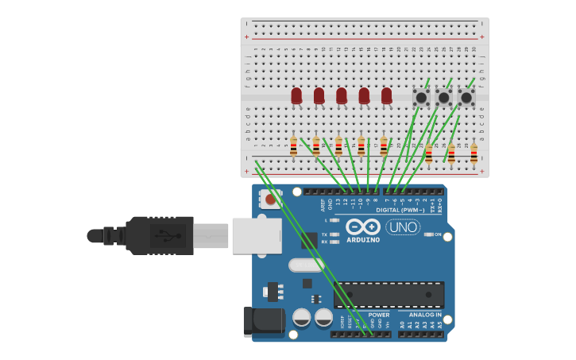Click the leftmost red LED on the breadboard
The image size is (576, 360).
pos(296,96)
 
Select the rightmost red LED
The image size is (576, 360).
pos(386,96)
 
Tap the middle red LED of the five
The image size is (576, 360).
pos(342,96)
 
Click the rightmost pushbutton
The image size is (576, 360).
pos(466,97)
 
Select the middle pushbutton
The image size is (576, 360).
pos(444,97)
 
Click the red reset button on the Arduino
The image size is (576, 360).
pos(271,200)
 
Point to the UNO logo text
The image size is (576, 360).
pos(403,227)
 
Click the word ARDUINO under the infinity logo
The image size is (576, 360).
pos(363,240)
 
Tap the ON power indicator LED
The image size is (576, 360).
pos(429,234)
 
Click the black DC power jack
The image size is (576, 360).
pos(264,320)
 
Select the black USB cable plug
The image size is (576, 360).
pos(159,235)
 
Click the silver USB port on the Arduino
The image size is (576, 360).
pos(257,236)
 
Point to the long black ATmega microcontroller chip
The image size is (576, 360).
pos(389,295)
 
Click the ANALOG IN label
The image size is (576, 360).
pos(419,315)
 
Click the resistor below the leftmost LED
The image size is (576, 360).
pos(293,147)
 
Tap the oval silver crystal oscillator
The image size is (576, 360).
pos(306,265)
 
